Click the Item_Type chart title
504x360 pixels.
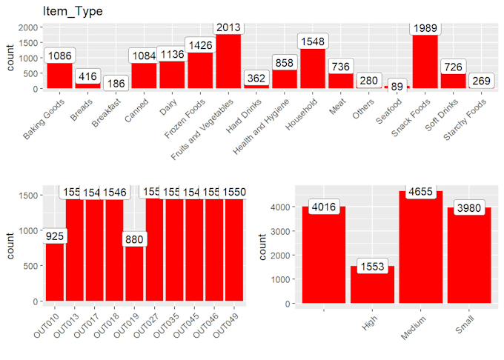coord(73,12)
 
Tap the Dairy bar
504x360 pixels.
coord(171,75)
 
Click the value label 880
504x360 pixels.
coord(134,240)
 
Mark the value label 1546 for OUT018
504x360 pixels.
coord(114,192)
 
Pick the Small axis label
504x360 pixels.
coord(461,323)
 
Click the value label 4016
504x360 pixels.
coord(321,207)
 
